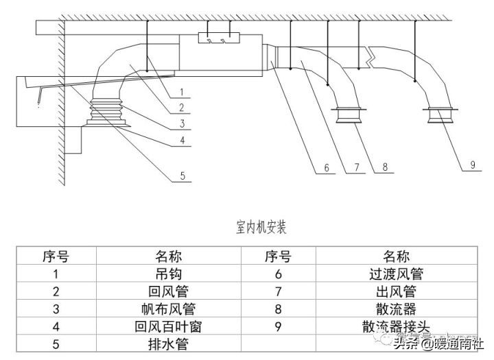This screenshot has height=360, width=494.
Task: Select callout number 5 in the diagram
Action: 182,176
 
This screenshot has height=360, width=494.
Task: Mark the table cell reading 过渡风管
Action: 396,274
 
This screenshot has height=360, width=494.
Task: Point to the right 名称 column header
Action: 396,257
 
